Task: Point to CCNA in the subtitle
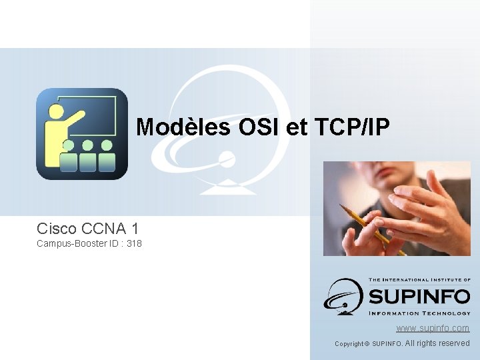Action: tap(105, 228)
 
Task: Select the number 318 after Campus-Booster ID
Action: tap(134, 244)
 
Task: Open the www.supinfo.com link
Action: tap(433, 328)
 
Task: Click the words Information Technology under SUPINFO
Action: tap(419, 313)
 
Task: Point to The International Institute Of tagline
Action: tap(419, 281)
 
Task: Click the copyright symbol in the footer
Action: tap(367, 344)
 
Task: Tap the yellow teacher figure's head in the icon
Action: tap(56, 110)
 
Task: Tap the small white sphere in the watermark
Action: tap(227, 159)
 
